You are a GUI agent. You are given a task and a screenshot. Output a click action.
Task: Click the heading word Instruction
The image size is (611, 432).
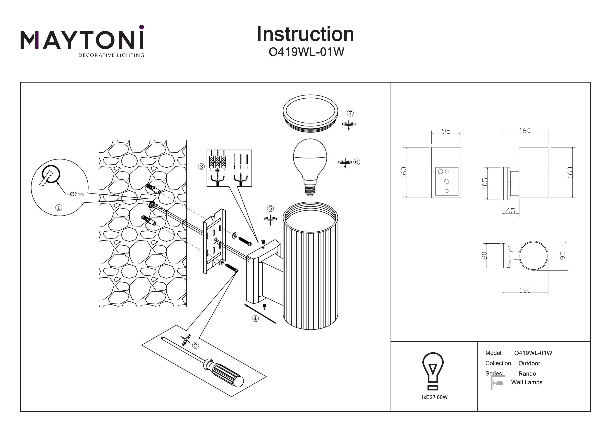point(305,34)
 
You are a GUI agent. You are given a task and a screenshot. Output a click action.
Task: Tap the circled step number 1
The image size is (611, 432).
point(58,207)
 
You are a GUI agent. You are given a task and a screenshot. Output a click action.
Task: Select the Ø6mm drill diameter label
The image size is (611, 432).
point(77,194)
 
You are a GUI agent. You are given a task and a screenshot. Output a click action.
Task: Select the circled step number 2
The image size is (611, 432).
point(196,345)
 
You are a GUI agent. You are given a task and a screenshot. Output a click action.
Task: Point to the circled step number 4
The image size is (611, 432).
point(255,318)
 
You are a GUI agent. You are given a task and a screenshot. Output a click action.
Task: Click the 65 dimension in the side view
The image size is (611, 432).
point(510,211)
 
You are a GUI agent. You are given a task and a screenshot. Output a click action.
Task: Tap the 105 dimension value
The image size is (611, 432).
point(485,183)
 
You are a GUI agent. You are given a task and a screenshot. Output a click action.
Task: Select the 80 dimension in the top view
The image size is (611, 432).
point(484,256)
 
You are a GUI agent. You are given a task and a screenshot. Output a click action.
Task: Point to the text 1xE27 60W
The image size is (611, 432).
point(434,397)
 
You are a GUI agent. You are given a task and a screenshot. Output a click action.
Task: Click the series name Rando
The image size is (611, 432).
point(527,373)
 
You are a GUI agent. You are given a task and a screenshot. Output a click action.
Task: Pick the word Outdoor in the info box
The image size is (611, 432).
point(529,363)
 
